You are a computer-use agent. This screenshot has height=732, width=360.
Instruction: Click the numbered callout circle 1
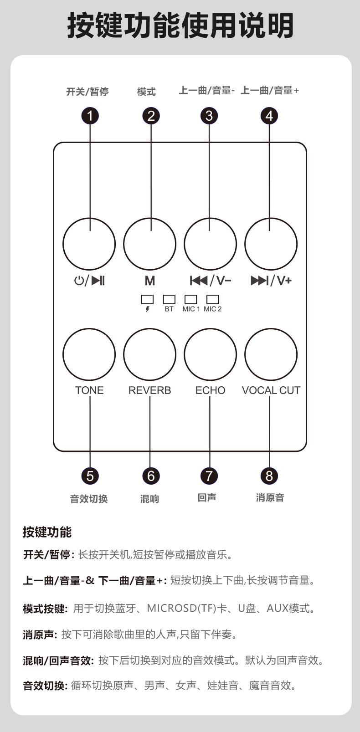90,116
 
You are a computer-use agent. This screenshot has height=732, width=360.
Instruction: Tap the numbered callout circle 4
269,116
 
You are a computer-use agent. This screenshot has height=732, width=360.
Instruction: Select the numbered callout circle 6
150,476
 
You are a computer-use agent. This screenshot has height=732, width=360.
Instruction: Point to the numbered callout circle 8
269,476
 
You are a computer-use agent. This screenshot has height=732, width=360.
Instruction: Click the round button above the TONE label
89,354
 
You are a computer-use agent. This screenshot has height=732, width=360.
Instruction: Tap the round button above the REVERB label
150,354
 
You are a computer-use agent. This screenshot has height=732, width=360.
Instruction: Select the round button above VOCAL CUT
271,354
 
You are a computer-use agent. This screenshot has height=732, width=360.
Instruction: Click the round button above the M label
150,244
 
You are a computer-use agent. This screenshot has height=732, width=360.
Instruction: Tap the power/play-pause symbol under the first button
89,281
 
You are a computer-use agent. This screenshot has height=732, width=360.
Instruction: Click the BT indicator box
169,299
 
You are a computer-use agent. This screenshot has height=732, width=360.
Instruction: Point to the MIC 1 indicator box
190,299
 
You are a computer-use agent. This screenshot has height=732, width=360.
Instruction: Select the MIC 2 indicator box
213,299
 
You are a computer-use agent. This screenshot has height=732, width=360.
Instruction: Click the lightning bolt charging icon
147,309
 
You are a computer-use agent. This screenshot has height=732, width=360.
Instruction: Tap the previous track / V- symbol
211,281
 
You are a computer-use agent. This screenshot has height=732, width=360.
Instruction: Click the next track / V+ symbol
271,281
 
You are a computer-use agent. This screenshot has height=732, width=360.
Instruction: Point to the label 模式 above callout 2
146,92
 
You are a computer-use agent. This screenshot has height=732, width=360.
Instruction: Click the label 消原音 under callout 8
270,497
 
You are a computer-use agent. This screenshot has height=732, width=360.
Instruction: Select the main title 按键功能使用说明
180,26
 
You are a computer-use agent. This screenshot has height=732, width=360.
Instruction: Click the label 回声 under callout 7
207,497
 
